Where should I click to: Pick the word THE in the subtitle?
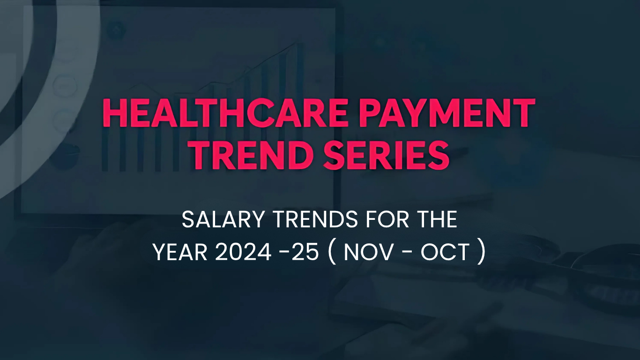pyautogui.click(x=434, y=220)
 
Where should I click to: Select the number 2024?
pyautogui.click(x=243, y=253)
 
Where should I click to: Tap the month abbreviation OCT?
pyautogui.click(x=445, y=253)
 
